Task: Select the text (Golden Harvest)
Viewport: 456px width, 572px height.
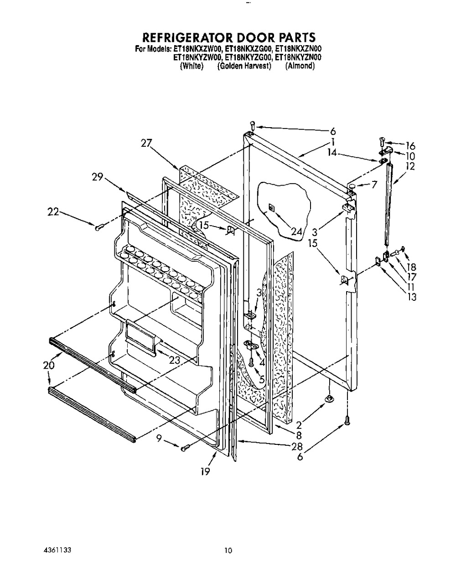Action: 244,66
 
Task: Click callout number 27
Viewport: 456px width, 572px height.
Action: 146,143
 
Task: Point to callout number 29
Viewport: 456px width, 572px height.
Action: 97,177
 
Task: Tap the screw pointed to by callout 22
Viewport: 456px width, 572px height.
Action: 99,227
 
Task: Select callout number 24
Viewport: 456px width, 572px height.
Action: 296,232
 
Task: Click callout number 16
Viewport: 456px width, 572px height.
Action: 410,146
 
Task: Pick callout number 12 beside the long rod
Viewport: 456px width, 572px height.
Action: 410,166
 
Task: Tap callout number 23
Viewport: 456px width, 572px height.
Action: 175,361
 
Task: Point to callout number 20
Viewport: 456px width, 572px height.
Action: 49,365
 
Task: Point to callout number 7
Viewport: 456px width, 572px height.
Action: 374,184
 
